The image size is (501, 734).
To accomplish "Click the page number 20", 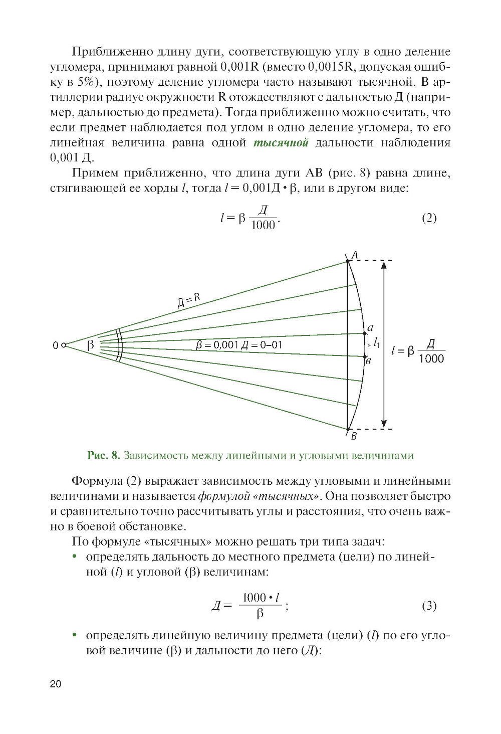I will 56,684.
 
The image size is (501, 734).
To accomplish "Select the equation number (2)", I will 429,218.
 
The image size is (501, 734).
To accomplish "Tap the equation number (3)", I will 429,606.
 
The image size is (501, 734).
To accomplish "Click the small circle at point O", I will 64,345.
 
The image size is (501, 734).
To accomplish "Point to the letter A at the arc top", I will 355,255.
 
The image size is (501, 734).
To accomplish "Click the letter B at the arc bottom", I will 354,436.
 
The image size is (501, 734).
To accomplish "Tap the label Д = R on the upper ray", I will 189,300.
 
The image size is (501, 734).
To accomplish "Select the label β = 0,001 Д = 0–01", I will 239,345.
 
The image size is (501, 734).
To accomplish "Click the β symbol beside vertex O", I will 91,345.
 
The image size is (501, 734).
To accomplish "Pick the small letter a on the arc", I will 370,328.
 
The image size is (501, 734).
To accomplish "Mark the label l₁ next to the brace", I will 377,344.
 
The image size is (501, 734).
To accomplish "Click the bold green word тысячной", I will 281,143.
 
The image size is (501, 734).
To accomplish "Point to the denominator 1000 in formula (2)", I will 263,225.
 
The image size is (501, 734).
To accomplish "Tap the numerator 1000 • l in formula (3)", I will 261,597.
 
